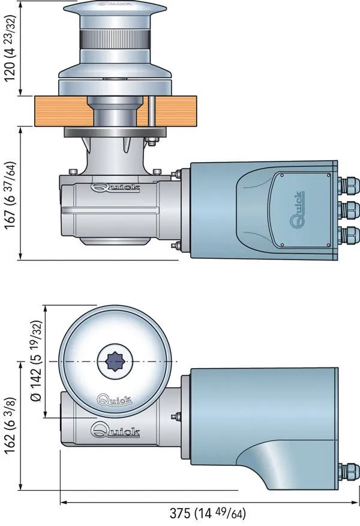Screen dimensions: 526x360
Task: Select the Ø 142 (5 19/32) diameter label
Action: pyautogui.click(x=37, y=360)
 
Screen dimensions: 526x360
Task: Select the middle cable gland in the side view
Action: pyautogui.click(x=349, y=210)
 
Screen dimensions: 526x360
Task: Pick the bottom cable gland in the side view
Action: pyautogui.click(x=349, y=235)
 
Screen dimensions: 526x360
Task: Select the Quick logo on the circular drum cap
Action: pyautogui.click(x=115, y=399)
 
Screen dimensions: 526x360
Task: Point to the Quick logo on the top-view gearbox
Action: pyautogui.click(x=115, y=430)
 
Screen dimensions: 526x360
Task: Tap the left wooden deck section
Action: pyautogui.click(x=60, y=110)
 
